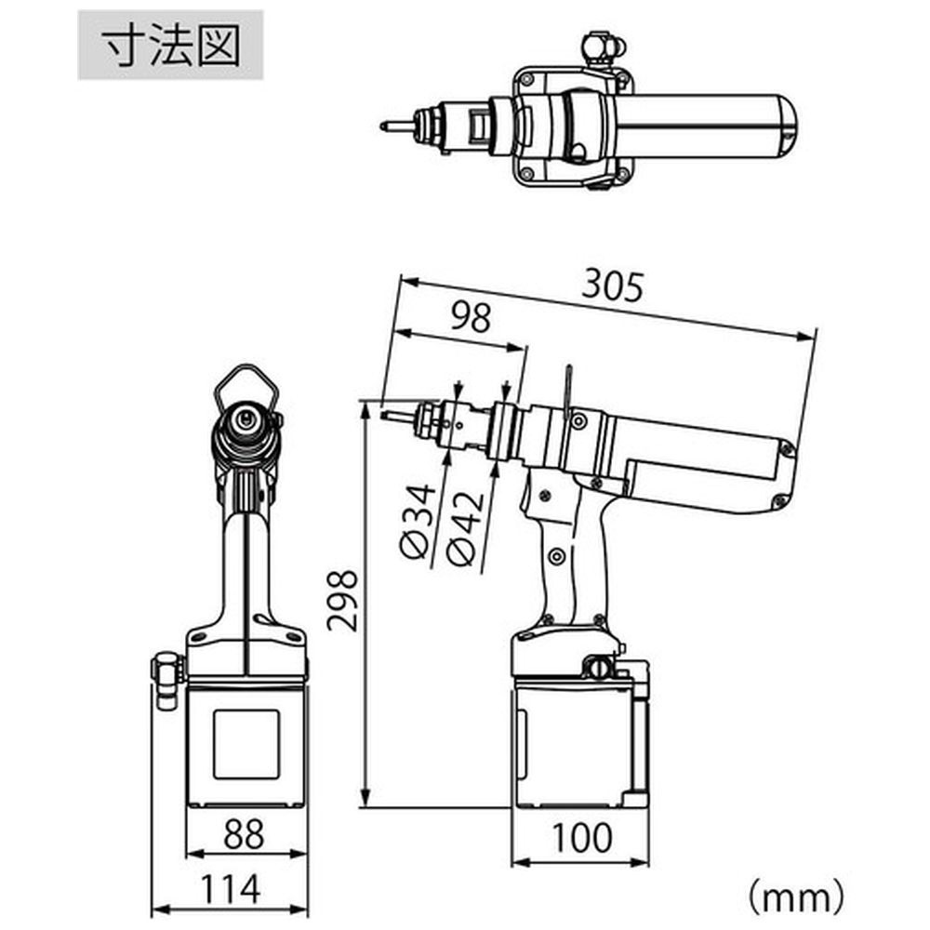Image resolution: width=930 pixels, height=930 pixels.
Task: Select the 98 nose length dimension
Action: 471,317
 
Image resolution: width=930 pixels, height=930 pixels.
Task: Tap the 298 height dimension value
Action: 343,600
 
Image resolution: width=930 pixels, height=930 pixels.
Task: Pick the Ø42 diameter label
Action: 466,528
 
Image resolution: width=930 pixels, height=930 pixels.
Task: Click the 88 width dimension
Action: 244,834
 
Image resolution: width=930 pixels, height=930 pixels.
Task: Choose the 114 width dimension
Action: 231,888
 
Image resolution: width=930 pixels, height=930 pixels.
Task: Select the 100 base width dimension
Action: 582,838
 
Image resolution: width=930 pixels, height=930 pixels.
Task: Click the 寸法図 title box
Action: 170,45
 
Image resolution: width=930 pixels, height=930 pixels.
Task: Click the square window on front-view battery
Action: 246,744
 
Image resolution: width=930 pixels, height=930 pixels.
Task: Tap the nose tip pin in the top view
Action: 395,126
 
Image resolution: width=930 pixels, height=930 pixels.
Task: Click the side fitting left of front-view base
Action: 166,681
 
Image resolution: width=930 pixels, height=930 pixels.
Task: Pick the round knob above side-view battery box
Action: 600,667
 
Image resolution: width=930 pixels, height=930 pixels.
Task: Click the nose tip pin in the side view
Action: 400,417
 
